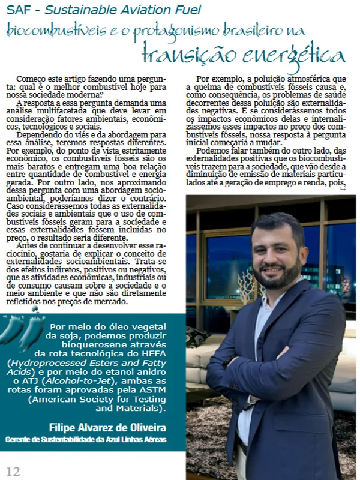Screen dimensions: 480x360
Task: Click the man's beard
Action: click(278, 277)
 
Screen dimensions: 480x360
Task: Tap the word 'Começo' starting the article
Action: click(32, 79)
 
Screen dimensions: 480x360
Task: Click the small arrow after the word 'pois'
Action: click(343, 189)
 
